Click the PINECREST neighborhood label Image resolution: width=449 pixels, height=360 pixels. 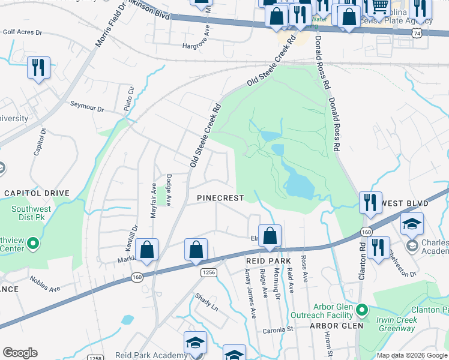tap(221, 198)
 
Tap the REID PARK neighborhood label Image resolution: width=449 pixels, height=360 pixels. tap(268, 261)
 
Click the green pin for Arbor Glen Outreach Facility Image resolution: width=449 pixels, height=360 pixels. tap(361, 310)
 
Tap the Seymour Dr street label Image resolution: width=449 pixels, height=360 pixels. tap(87, 109)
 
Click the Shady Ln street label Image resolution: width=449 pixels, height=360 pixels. tap(206, 301)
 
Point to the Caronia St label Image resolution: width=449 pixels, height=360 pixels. tap(276, 330)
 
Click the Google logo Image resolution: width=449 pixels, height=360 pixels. tap(20, 352)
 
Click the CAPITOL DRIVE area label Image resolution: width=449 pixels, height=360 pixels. tap(37, 193)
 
